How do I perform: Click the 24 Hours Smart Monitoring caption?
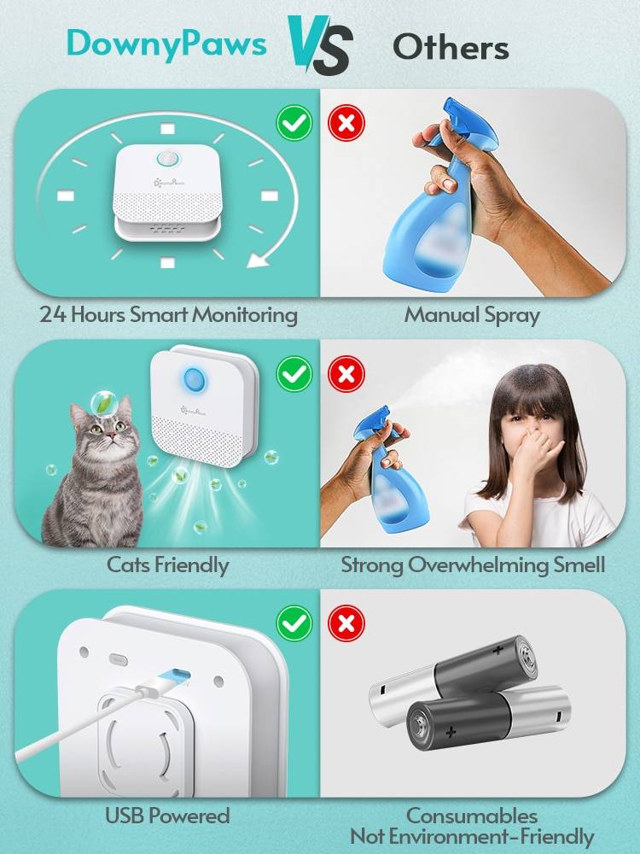pos(168,315)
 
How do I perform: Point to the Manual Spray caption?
pos(472,315)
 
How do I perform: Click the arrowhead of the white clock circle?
pos(257,257)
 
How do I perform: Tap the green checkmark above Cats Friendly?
pos(294,373)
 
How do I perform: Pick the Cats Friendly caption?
pos(167,564)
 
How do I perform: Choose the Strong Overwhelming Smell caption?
pos(473,564)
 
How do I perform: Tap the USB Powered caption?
pos(167,816)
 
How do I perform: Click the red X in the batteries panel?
pos(346,624)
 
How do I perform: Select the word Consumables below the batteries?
pos(472,816)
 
